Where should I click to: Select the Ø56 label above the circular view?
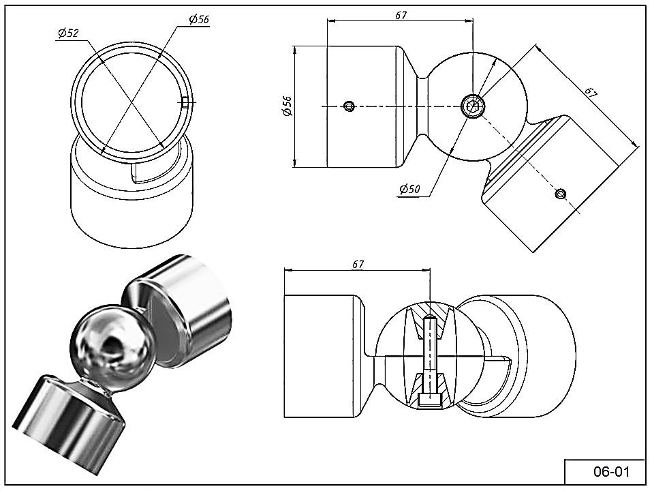click(x=198, y=20)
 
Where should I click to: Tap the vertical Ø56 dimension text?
click(x=287, y=106)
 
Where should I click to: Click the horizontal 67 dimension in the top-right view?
click(x=400, y=15)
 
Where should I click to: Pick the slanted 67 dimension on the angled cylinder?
click(x=591, y=94)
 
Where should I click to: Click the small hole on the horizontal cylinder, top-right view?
click(x=350, y=106)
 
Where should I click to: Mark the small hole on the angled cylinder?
click(x=560, y=194)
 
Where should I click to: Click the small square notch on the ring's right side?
click(x=185, y=103)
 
